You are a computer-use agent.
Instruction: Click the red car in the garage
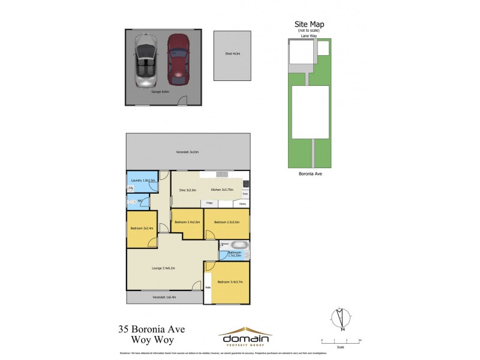coord(178,59)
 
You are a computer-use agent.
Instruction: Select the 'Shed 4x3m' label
coord(232,54)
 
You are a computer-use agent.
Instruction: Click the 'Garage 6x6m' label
coord(160,92)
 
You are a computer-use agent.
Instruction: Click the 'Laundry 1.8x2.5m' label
coord(144,180)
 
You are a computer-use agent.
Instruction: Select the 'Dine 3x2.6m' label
coord(188,190)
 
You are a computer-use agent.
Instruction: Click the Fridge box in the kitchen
coord(209,203)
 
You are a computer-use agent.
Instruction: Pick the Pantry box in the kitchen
coord(242,203)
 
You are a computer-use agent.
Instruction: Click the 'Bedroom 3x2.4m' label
coord(142,229)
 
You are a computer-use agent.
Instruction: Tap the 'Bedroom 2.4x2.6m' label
coord(186,223)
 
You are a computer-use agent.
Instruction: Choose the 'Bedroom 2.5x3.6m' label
coord(227,223)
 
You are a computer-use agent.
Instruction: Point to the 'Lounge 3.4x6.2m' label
coord(163,268)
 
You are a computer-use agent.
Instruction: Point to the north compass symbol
coord(340,319)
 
